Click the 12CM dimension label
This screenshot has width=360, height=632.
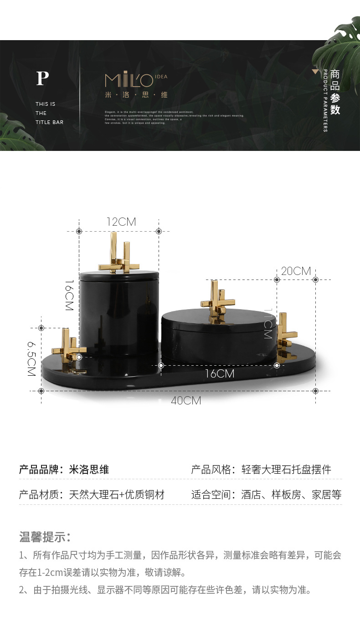click(121, 222)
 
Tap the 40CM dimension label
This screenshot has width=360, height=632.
click(186, 401)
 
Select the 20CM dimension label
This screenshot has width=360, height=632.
click(296, 271)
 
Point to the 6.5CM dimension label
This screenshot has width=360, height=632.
click(31, 360)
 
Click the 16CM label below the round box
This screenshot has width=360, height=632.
click(219, 374)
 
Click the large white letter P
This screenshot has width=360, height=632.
click(42, 79)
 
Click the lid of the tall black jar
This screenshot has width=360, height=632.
click(119, 275)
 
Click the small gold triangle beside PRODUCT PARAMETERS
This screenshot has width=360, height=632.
click(314, 72)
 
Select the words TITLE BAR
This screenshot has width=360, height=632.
click(50, 122)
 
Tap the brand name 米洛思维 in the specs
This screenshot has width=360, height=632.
click(89, 470)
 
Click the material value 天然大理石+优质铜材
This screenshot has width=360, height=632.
click(116, 495)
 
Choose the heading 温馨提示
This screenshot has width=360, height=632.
click(45, 537)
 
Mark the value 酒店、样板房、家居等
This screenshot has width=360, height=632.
click(291, 495)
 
